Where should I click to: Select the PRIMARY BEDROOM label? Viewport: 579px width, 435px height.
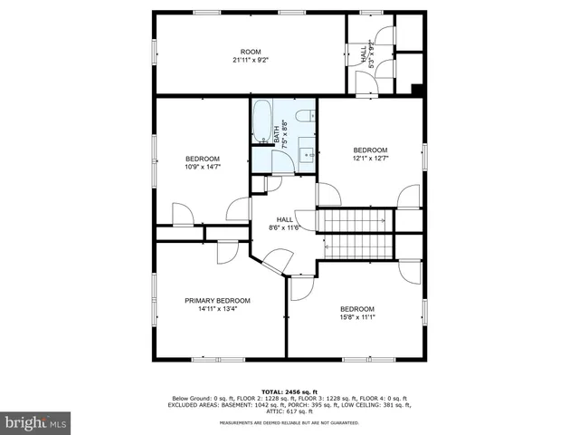(217, 301)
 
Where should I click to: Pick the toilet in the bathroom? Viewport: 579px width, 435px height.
(305, 115)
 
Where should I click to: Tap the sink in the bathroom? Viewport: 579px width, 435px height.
(306, 154)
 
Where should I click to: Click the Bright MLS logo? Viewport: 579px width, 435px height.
(36, 422)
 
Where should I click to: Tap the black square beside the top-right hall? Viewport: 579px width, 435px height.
(416, 89)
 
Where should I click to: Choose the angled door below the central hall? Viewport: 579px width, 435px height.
(273, 264)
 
